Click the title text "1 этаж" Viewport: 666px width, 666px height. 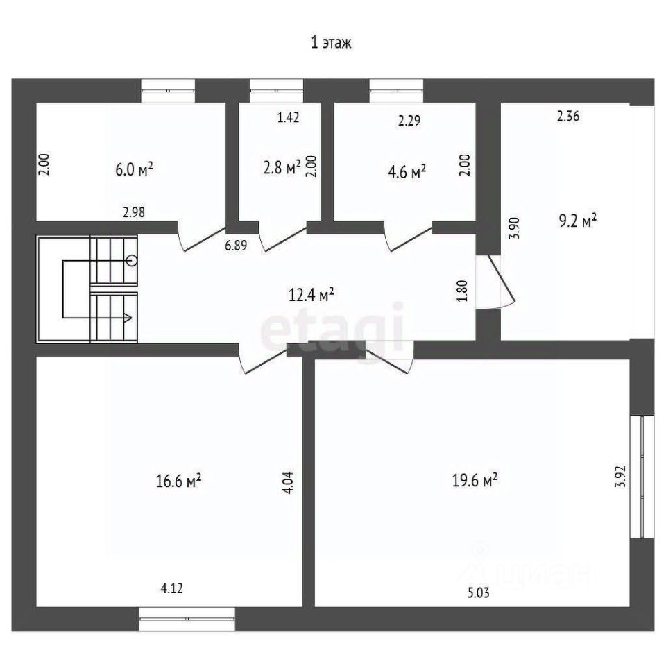332,43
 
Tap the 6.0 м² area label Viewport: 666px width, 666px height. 134,169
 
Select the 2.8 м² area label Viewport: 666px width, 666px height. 282,167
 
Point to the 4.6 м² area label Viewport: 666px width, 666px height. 407,173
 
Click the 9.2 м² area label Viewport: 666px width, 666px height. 578,221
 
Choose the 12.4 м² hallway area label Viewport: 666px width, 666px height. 311,294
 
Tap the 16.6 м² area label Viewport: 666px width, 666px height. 178,481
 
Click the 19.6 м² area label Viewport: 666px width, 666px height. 475,481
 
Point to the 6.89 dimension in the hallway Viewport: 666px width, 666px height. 236,246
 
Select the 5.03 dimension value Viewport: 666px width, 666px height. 479,592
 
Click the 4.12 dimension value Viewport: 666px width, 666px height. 172,588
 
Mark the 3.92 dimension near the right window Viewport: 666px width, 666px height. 621,477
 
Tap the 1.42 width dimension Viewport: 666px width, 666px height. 289,117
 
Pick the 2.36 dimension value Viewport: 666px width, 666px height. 568,116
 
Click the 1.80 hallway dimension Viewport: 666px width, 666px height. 463,291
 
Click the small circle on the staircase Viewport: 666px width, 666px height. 132,260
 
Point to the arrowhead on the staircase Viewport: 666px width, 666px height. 128,317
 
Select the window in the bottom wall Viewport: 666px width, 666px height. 187,619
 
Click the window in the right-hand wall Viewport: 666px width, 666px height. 642,477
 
